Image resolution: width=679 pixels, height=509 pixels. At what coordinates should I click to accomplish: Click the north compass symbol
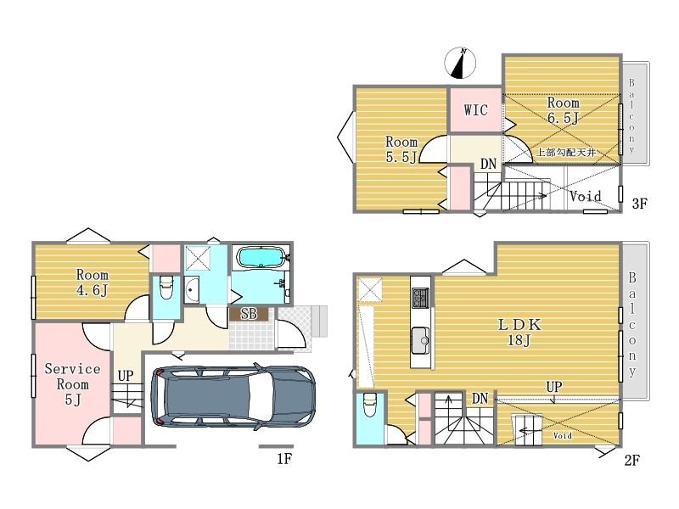[460, 63]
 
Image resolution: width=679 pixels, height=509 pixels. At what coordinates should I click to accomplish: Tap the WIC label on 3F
[475, 110]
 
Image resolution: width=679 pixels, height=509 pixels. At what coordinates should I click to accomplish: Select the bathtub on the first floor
[260, 258]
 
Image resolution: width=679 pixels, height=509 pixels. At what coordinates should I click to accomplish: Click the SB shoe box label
[249, 314]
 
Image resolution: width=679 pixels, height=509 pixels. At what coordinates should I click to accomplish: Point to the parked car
[233, 397]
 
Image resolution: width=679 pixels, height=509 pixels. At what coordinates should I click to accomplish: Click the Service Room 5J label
[72, 384]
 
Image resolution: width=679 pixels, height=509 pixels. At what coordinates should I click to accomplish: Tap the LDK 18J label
[519, 332]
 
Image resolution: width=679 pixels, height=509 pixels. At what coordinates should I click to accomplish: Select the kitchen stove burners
[420, 298]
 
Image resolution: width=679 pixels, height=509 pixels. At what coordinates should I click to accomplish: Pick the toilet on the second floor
[369, 405]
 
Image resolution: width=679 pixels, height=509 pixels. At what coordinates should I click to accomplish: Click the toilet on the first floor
[166, 288]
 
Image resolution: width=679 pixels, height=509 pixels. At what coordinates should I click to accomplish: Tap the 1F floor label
[284, 458]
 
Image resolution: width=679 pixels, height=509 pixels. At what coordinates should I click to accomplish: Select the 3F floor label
[639, 204]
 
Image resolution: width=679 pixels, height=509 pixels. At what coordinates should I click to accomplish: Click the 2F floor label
[631, 460]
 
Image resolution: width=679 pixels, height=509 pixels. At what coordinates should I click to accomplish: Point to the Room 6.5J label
[563, 110]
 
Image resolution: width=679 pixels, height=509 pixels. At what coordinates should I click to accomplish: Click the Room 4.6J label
[92, 282]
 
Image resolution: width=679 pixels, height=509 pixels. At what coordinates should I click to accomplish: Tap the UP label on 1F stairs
[126, 376]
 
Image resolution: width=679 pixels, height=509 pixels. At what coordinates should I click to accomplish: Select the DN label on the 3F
[488, 164]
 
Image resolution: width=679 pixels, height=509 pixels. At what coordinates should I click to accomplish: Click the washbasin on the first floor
[192, 290]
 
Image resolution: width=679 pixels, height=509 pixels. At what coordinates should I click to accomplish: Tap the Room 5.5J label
[401, 149]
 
